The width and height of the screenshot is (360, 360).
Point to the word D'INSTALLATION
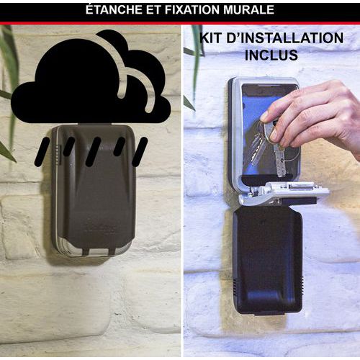point(285,38)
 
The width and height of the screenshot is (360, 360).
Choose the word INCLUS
point(271,55)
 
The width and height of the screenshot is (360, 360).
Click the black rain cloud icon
point(91,77)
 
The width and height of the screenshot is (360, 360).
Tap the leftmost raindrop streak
point(42,152)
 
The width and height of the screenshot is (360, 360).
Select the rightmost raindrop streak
point(140,152)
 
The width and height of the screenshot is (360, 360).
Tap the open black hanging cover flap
point(267,261)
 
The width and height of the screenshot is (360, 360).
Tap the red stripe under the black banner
point(180,23)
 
